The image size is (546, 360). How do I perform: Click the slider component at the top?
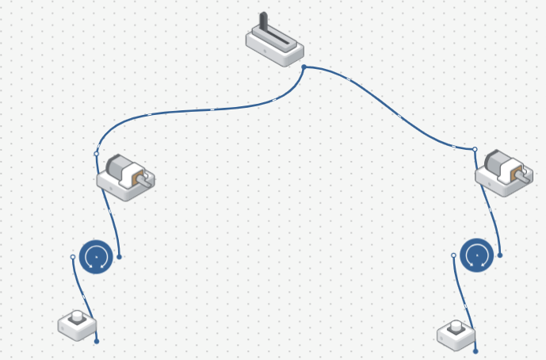[275, 45]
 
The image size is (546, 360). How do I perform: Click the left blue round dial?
[96, 256]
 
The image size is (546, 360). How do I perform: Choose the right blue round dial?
[476, 255]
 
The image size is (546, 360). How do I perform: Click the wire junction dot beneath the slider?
[304, 67]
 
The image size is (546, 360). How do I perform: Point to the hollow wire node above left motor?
[97, 153]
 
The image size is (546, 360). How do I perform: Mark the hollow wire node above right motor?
[475, 149]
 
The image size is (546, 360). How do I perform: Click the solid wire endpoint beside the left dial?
[119, 256]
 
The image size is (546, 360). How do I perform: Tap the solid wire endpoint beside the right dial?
[499, 255]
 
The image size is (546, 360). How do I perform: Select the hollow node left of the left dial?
[73, 257]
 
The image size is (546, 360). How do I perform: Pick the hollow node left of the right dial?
[453, 255]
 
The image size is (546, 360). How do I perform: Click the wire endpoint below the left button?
[97, 341]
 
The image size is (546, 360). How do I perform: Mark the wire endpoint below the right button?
[475, 350]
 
